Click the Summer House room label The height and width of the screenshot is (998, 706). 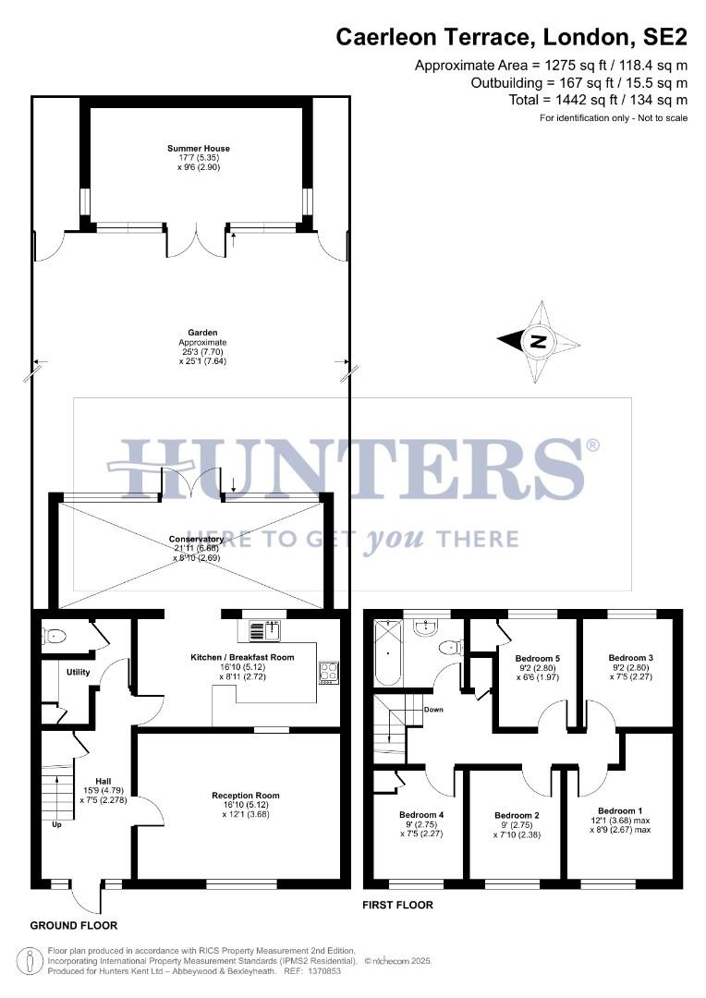pos(199,148)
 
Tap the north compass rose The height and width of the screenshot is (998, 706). pos(539,342)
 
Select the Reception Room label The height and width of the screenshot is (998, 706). pos(245,795)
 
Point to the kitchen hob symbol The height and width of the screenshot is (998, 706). pos(328,674)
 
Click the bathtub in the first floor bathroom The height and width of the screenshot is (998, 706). pos(383,656)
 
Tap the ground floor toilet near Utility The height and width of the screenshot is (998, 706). pos(55,636)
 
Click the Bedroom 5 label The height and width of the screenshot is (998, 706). pos(537,658)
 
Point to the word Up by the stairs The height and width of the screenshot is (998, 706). pos(56,824)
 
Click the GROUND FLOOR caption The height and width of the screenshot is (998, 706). pos(74,925)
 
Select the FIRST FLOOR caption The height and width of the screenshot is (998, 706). pos(397,905)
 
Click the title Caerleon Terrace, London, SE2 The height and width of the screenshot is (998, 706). pos(511,37)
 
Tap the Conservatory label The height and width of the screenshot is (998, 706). pos(196,539)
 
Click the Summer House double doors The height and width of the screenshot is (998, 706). pos(196,242)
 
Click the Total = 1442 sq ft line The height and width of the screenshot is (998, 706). pos(598,100)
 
